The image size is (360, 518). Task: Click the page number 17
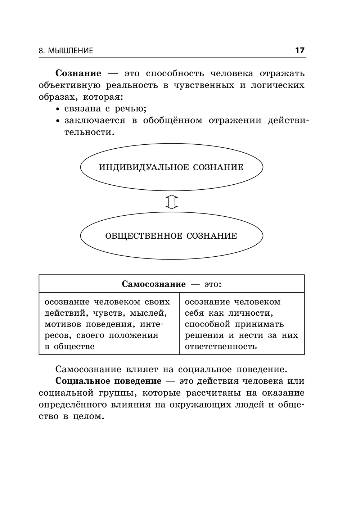pyautogui.click(x=300, y=50)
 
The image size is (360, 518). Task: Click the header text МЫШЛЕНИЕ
pyautogui.click(x=70, y=51)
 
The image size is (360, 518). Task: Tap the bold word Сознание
pyautogui.click(x=78, y=73)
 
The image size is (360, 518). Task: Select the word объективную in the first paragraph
pyautogui.click(x=69, y=86)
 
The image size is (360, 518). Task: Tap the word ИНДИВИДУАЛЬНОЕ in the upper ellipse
pyautogui.click(x=144, y=167)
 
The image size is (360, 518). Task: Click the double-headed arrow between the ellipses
pyautogui.click(x=172, y=202)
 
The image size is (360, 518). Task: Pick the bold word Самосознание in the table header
pyautogui.click(x=154, y=284)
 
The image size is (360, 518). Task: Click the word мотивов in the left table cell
pyautogui.click(x=63, y=324)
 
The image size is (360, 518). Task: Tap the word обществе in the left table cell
pyautogui.click(x=74, y=346)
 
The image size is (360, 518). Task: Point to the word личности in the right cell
pyautogui.click(x=251, y=313)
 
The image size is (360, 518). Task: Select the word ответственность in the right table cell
pyautogui.click(x=221, y=346)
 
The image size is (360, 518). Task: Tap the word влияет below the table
pyautogui.click(x=142, y=370)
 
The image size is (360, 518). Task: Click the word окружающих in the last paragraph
pyautogui.click(x=201, y=405)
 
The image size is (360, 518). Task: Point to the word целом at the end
pyautogui.click(x=88, y=416)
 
